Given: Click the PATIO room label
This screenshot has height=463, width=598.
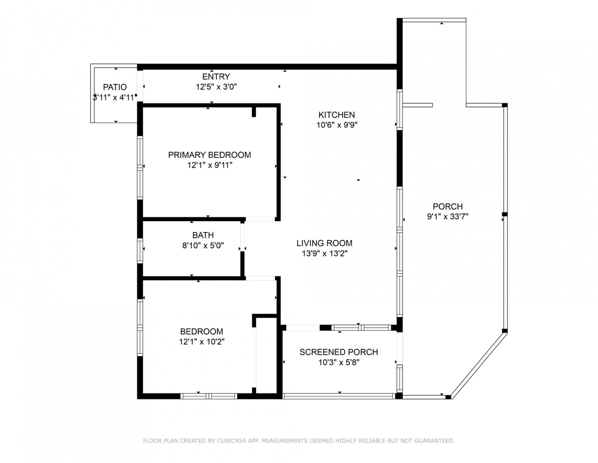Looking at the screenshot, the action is click(115, 87).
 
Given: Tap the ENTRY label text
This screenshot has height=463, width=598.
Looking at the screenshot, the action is click(216, 76).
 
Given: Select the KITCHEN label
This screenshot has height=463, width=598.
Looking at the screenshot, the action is click(337, 114).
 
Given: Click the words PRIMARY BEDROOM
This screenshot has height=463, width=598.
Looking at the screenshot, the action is click(209, 155).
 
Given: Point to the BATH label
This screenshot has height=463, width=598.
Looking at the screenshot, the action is click(203, 235).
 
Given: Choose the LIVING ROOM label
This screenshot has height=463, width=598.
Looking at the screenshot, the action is click(324, 243).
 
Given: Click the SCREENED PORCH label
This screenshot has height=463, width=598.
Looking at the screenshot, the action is click(339, 352).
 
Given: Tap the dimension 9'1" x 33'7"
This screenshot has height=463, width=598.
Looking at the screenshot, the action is click(447, 216).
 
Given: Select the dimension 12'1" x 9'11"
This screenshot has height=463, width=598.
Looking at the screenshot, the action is click(210, 165).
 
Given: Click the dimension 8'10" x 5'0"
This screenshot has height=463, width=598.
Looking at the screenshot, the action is click(203, 245).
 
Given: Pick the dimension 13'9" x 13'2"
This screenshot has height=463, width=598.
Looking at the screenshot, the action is click(325, 253).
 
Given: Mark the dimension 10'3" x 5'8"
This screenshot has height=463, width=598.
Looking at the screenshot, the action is click(339, 362).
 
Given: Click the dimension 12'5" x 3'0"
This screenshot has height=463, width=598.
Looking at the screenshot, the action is click(216, 87).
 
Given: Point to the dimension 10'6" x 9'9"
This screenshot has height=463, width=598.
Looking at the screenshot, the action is click(337, 125).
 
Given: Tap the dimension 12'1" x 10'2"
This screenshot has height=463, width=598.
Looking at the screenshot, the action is click(202, 342).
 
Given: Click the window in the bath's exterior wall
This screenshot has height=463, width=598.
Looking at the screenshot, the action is click(140, 251).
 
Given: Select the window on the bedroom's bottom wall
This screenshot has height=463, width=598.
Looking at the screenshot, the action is click(208, 396).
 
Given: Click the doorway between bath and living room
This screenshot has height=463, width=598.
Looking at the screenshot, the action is click(242, 237).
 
